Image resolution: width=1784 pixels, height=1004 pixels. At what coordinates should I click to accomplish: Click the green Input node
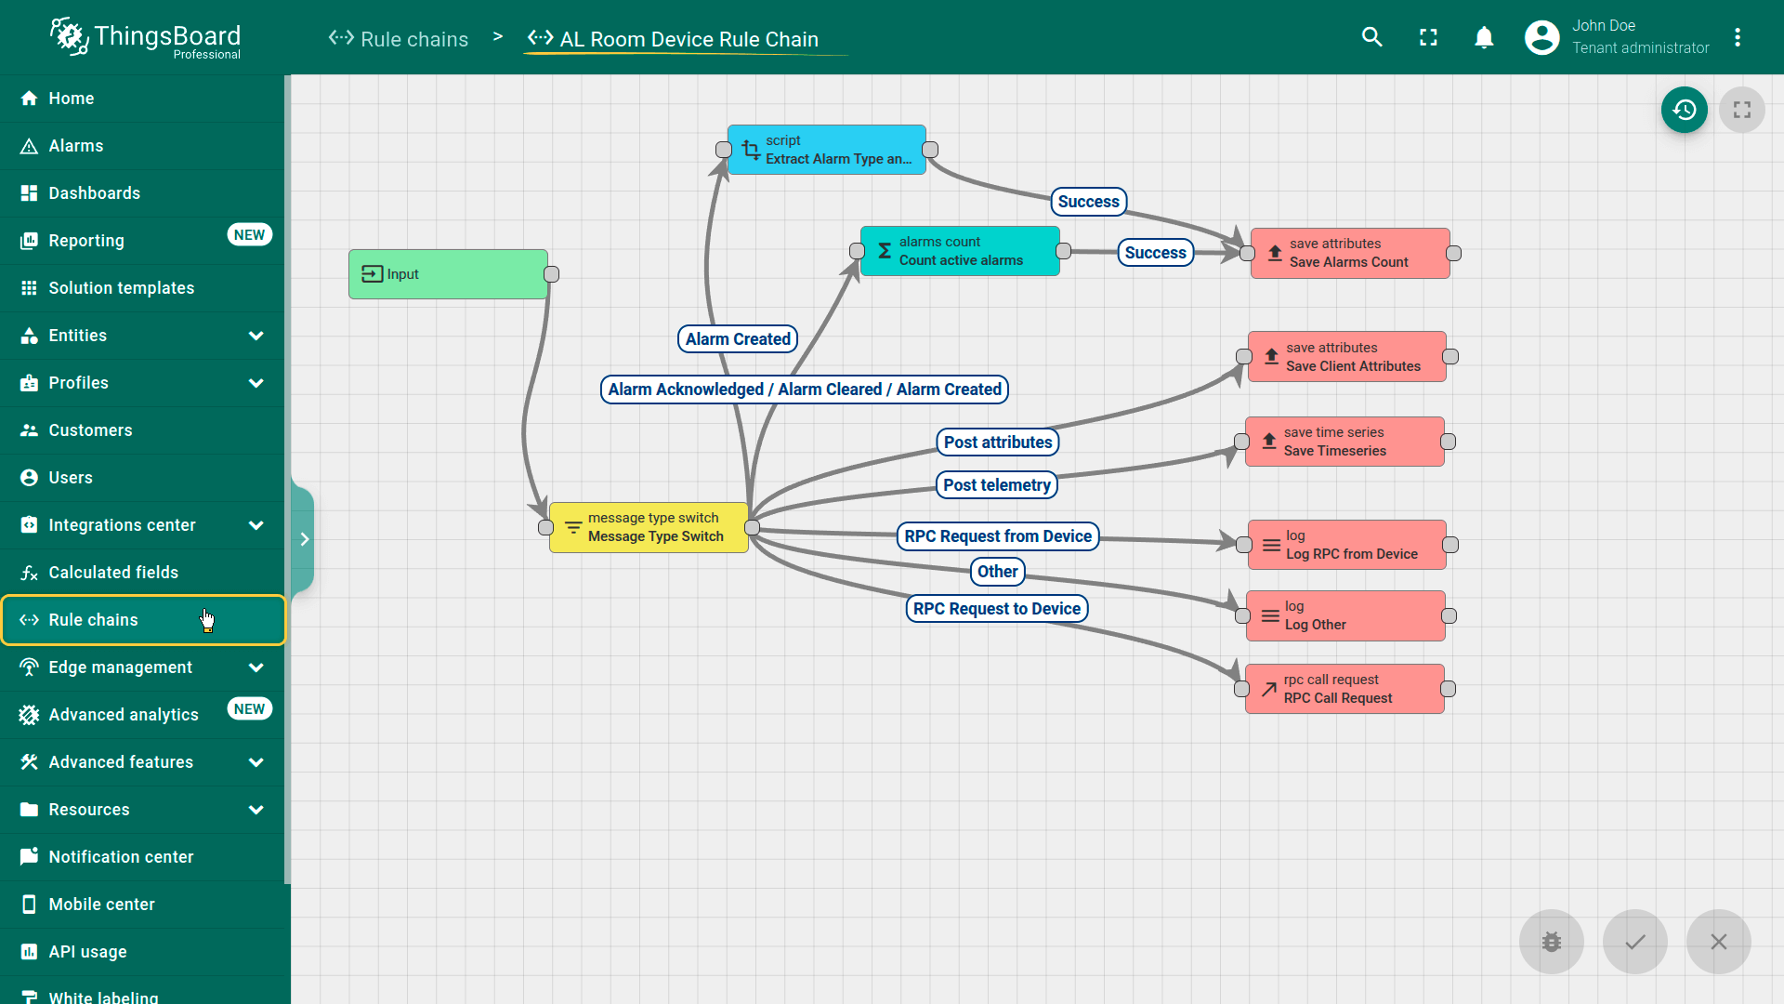tap(448, 274)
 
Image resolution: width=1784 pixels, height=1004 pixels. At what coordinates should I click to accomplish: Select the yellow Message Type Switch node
tap(649, 527)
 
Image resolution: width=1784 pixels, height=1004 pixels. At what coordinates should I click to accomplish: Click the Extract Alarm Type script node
tap(827, 150)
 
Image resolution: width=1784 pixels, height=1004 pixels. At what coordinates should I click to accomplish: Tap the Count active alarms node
tap(960, 251)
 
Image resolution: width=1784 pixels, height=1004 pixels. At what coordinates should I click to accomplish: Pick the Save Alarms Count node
tap(1350, 253)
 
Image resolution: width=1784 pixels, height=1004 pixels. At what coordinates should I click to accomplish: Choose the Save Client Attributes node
tap(1347, 357)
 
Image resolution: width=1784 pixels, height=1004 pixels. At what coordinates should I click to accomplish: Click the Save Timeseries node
tap(1345, 442)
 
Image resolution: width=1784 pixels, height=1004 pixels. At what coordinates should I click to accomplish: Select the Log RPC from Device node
tap(1347, 545)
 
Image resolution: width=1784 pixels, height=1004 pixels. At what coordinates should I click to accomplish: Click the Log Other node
tap(1345, 615)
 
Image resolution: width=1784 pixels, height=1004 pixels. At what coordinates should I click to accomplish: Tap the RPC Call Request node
tap(1345, 689)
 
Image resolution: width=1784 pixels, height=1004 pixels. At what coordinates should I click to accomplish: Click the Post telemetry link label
tap(997, 485)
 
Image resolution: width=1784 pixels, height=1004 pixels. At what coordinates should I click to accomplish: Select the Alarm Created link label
tap(738, 339)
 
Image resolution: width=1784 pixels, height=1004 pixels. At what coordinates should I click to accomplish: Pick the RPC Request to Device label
tap(997, 609)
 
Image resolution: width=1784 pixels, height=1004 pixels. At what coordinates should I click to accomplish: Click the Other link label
tap(997, 572)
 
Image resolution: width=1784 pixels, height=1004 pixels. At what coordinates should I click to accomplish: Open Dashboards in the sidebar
tap(94, 193)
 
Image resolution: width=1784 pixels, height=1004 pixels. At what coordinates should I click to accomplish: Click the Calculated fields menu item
tap(113, 573)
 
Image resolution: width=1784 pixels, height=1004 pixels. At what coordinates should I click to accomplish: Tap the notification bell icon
tap(1484, 37)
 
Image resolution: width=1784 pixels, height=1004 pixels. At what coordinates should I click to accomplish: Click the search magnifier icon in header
tap(1372, 37)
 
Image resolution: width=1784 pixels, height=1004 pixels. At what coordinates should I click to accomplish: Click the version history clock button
tap(1684, 110)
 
